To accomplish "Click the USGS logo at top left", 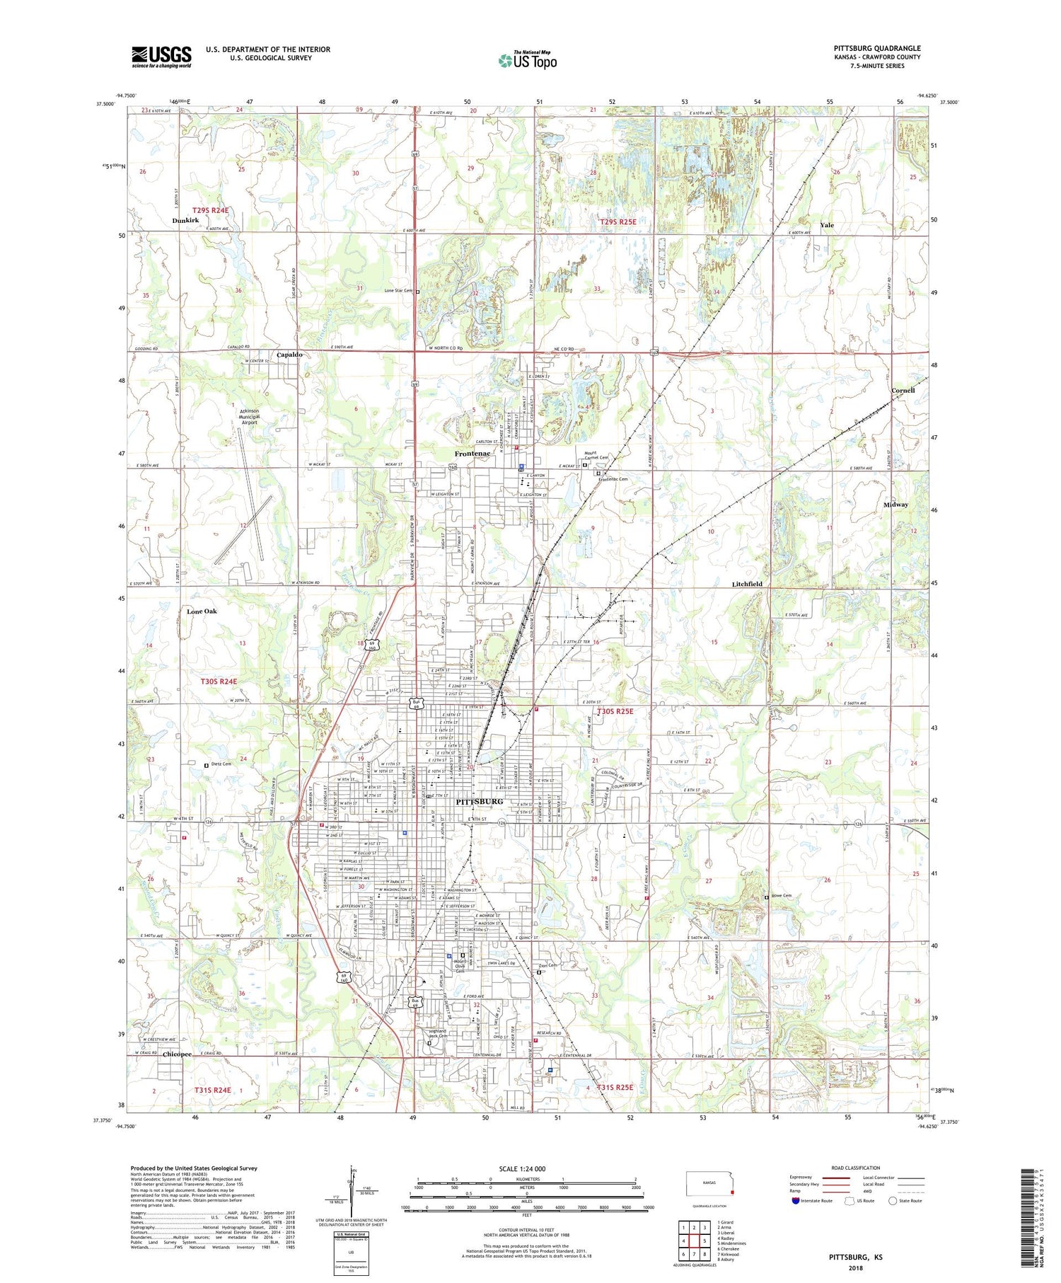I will point(161,57).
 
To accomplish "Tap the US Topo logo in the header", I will point(528,61).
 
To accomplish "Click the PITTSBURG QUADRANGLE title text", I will point(876,48).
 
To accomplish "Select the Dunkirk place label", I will point(185,221).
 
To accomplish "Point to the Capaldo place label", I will point(289,355).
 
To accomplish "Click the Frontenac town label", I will point(472,454).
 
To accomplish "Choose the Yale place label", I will point(826,225).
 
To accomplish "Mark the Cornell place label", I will point(903,391).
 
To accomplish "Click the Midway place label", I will point(895,505).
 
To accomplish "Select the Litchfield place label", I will point(747,584).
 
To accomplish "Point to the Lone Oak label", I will point(202,611).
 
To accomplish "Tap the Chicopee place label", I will point(177,1054).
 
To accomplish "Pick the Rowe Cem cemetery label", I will point(781,896).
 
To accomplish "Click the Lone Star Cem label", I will point(398,291).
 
